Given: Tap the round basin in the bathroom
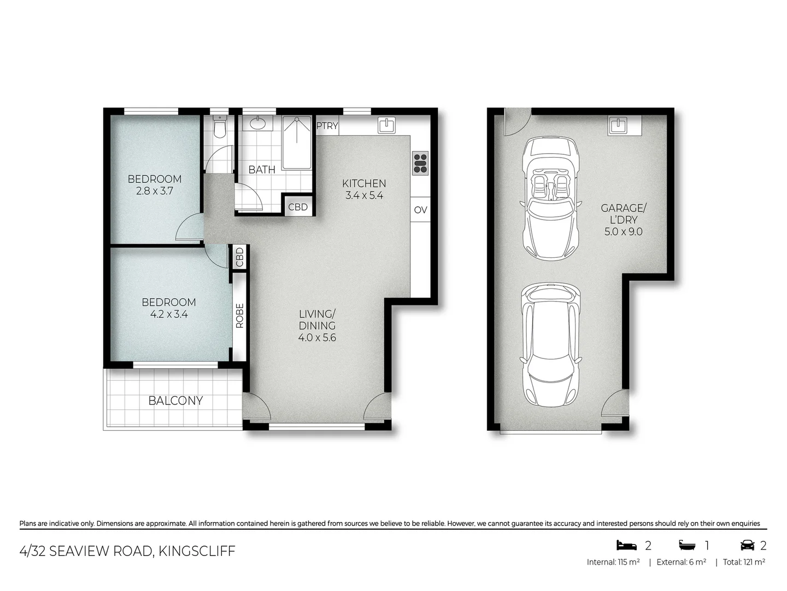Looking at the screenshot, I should click(258, 124).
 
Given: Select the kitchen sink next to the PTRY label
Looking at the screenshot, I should click(386, 125).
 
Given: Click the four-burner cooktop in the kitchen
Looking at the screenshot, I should click(420, 163).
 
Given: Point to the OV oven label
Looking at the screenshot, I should click(420, 210).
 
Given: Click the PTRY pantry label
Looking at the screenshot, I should click(327, 126).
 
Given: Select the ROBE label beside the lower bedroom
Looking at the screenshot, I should click(239, 316).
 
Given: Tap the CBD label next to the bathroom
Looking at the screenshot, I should click(298, 207).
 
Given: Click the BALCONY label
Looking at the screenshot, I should click(175, 401).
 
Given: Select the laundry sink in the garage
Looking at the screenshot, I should click(618, 125).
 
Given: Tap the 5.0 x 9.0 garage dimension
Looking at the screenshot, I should click(623, 231).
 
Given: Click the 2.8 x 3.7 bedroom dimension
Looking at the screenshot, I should click(154, 191).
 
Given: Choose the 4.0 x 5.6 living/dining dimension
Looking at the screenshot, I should click(317, 338).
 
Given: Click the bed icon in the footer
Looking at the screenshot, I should click(626, 545).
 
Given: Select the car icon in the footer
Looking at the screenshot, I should click(747, 545).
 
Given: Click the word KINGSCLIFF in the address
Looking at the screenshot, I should click(197, 551).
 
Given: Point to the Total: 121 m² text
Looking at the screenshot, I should click(744, 562).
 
